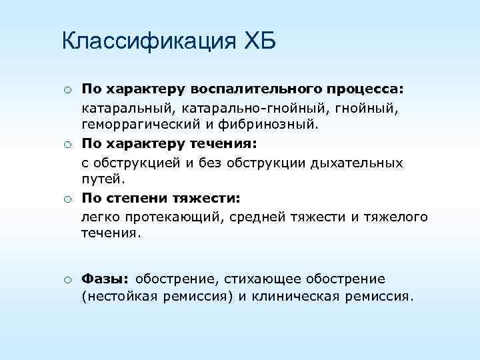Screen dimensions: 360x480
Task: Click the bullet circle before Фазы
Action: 68,279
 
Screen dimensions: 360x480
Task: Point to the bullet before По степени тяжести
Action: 68,199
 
